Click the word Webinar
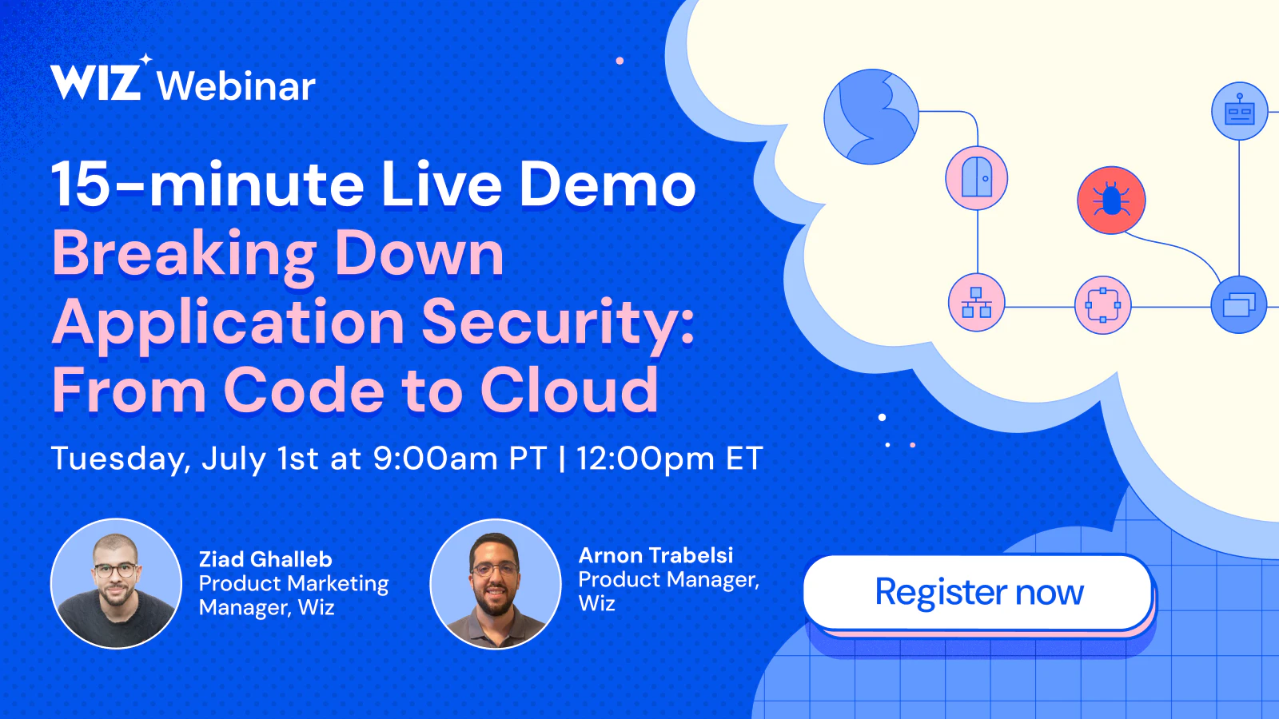[236, 87]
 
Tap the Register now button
[978, 592]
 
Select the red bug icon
[1111, 201]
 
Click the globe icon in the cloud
[871, 117]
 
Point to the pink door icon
[976, 178]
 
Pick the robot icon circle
[1240, 111]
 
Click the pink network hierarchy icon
[976, 303]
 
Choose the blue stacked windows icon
[1239, 304]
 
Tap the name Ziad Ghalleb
[265, 559]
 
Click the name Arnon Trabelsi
[655, 555]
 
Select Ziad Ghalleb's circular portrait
[117, 584]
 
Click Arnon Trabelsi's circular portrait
[496, 584]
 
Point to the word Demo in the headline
[607, 184]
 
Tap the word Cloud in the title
[570, 390]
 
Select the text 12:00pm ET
[669, 459]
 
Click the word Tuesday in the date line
[121, 459]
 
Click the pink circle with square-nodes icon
[1102, 304]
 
